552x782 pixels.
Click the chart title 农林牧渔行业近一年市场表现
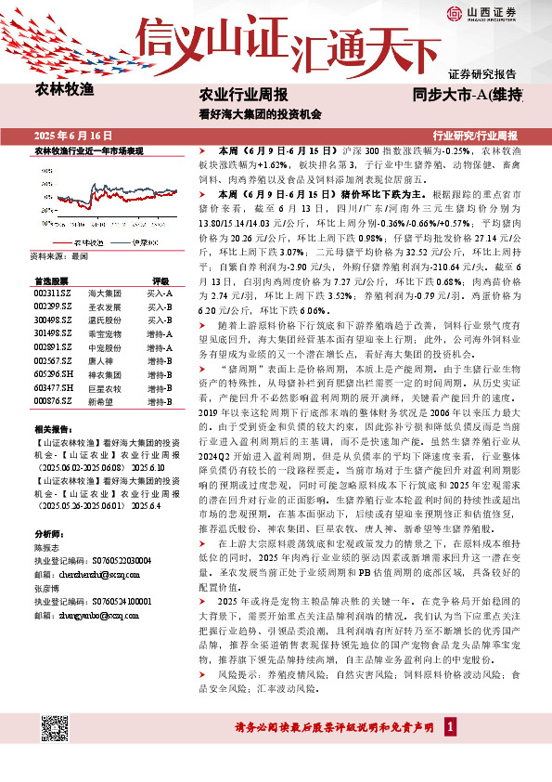[89, 150]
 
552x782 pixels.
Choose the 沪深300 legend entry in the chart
[141, 242]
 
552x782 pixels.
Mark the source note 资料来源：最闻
[59, 255]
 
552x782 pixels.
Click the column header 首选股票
[51, 280]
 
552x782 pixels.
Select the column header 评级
[160, 280]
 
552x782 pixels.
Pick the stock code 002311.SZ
[53, 293]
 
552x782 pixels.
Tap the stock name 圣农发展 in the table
[102, 306]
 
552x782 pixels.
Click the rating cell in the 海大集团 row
[160, 293]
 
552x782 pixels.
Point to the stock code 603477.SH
[53, 387]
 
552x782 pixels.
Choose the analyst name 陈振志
[47, 549]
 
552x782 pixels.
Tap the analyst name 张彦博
[47, 588]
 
